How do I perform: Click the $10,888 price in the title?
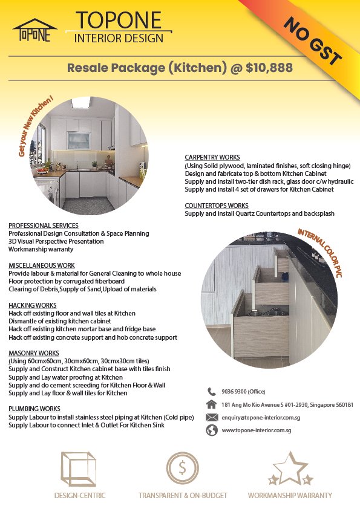point(269,67)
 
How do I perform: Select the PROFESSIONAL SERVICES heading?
point(44,225)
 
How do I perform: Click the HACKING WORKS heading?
point(33,305)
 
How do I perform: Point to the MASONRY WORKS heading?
point(34,352)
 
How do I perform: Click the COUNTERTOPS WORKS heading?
point(217,206)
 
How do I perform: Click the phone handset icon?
point(212,391)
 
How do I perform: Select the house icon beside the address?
point(212,404)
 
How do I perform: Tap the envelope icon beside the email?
point(212,417)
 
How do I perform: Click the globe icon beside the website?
point(212,430)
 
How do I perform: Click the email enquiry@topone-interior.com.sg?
point(261,417)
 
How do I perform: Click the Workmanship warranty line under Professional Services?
point(41,249)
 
